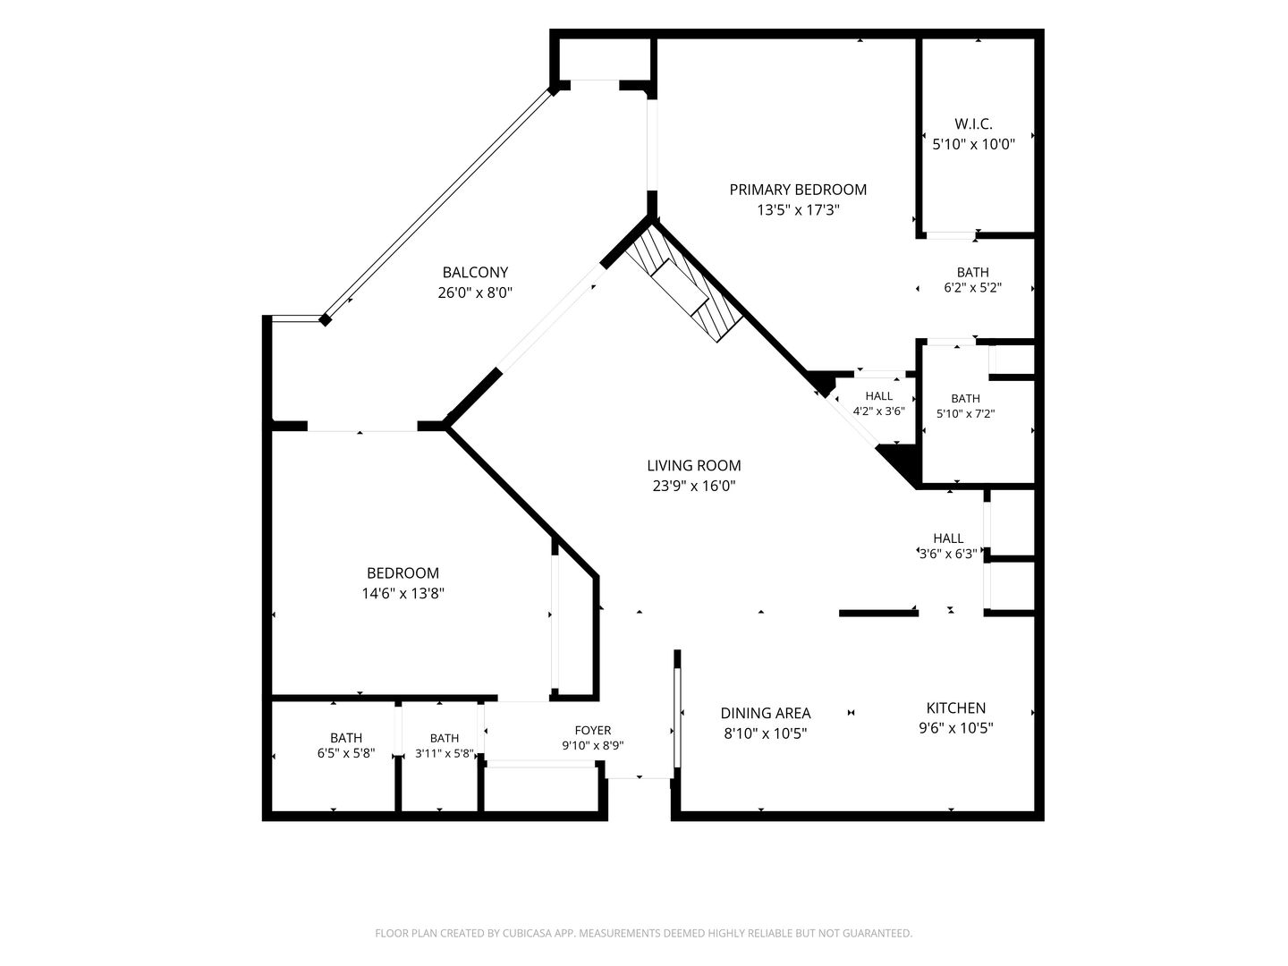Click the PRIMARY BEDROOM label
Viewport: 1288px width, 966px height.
pos(798,190)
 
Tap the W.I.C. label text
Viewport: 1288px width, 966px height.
pos(973,123)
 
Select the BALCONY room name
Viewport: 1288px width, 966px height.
pos(475,272)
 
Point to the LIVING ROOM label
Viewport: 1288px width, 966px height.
pos(693,465)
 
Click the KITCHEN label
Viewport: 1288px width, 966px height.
pos(956,708)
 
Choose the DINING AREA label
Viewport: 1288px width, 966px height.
pos(765,713)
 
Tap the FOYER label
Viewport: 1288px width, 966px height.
pos(593,730)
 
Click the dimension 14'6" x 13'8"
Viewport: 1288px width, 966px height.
pos(402,594)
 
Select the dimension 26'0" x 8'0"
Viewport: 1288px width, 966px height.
pos(475,292)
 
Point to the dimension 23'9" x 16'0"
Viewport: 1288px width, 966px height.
pos(693,486)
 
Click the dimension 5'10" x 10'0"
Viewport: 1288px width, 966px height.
pos(973,144)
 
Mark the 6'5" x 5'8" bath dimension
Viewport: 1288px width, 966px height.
pos(345,753)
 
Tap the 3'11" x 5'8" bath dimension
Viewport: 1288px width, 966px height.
pos(445,753)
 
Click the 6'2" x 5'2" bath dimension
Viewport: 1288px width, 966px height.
pos(972,288)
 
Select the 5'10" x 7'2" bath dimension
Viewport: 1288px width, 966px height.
pos(965,413)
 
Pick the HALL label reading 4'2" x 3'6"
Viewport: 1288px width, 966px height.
pos(878,396)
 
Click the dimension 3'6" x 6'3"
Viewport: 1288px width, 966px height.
pos(947,554)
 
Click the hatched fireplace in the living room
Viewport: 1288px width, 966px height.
pos(683,283)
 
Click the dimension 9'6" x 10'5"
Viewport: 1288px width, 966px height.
pos(956,728)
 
